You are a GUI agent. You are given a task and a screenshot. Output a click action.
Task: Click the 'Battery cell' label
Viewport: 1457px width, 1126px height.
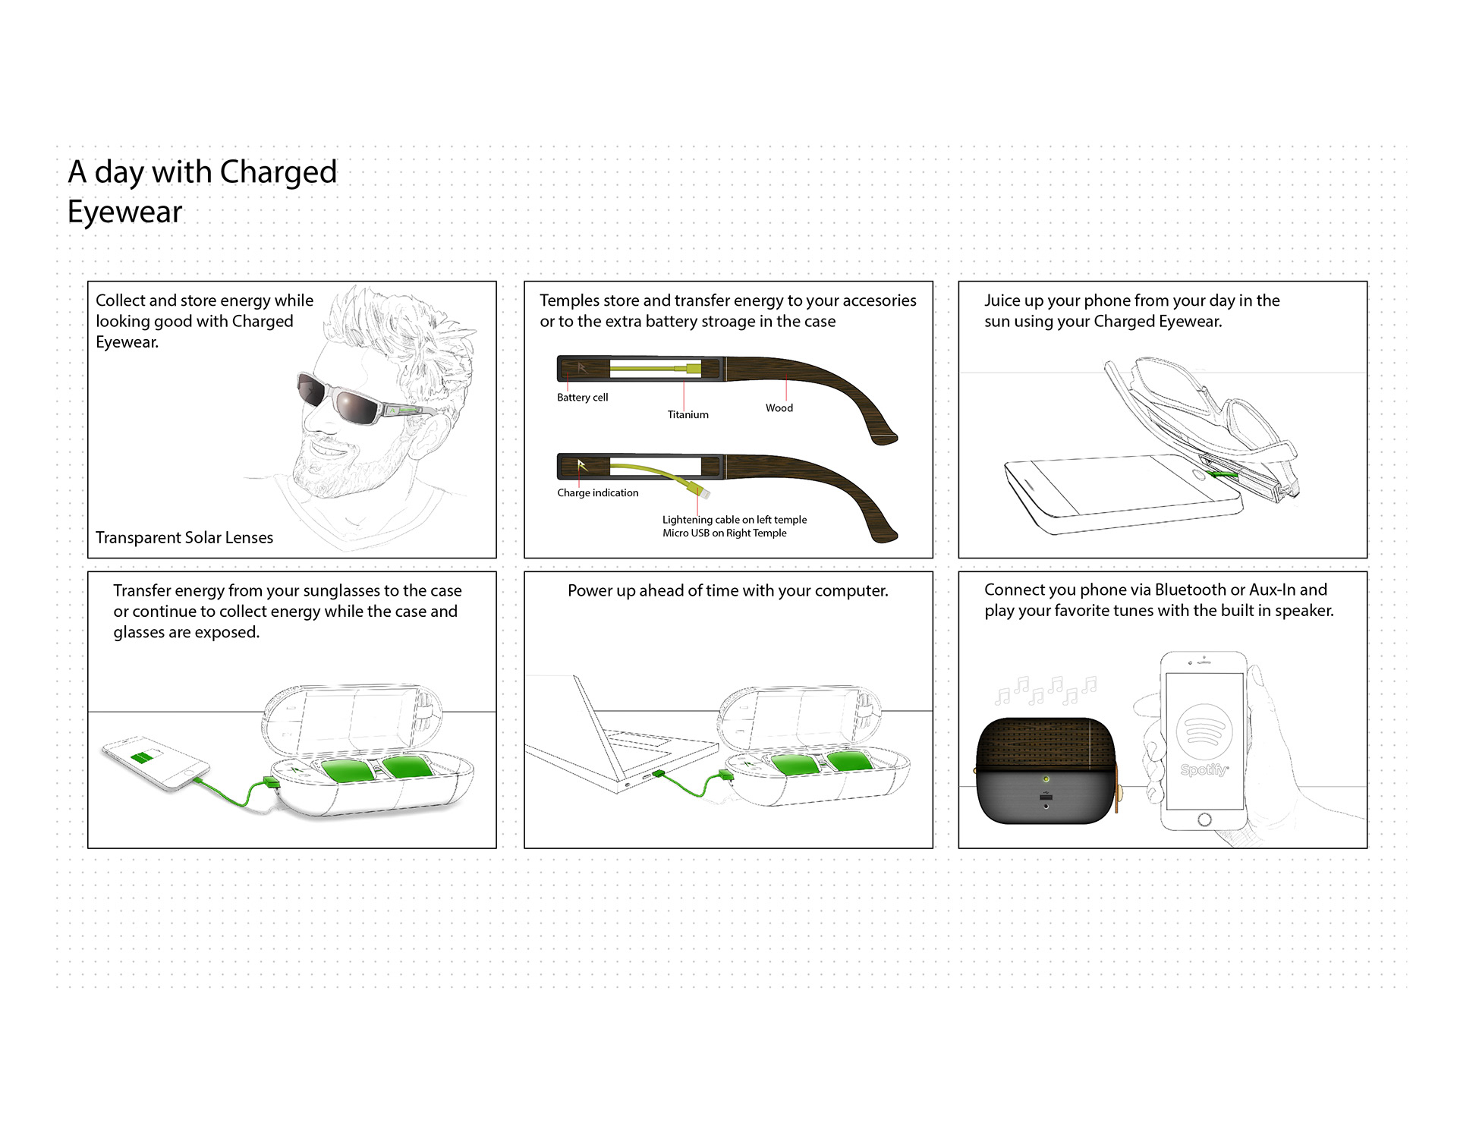[x=582, y=398]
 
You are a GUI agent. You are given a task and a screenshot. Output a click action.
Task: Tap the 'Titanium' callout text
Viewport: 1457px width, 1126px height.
[x=688, y=414]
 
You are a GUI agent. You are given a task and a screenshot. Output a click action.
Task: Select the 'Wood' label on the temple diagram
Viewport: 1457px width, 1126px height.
[x=779, y=408]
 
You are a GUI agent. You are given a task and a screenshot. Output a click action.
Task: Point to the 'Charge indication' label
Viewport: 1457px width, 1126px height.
[x=597, y=493]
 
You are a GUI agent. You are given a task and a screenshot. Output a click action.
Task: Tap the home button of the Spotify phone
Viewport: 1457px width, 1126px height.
[x=1204, y=819]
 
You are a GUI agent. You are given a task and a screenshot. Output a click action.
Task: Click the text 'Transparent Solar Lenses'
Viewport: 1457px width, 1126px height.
[x=184, y=538]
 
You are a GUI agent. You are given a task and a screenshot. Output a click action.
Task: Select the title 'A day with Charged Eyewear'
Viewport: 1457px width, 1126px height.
[x=202, y=191]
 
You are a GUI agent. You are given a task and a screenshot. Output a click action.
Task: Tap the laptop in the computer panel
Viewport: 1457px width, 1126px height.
[x=615, y=744]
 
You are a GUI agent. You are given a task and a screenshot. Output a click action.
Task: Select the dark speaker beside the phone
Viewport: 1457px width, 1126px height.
[x=1045, y=770]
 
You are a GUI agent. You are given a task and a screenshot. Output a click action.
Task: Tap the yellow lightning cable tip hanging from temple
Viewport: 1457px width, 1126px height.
[x=704, y=493]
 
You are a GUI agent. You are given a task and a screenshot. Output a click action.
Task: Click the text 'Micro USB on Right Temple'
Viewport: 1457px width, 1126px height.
[x=724, y=533]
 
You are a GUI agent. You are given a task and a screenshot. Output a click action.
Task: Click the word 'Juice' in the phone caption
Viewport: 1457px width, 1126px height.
[x=1002, y=300]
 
